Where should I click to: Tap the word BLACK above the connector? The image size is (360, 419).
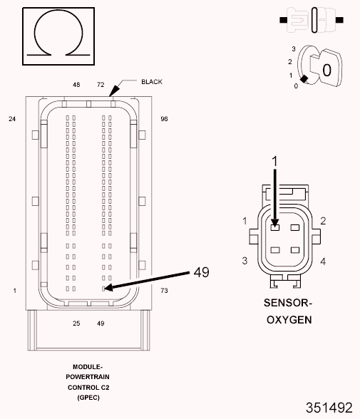[x=152, y=82]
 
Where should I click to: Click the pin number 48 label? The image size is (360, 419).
[x=76, y=85]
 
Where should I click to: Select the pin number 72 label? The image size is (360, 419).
[x=101, y=85]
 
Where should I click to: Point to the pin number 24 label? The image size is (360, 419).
[x=12, y=119]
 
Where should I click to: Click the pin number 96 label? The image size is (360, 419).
[x=165, y=119]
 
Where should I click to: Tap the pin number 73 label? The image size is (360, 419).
[x=165, y=291]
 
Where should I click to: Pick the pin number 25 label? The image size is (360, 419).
[x=76, y=324]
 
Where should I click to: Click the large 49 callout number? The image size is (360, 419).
[x=202, y=272]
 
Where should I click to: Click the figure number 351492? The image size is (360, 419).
[x=329, y=408]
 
